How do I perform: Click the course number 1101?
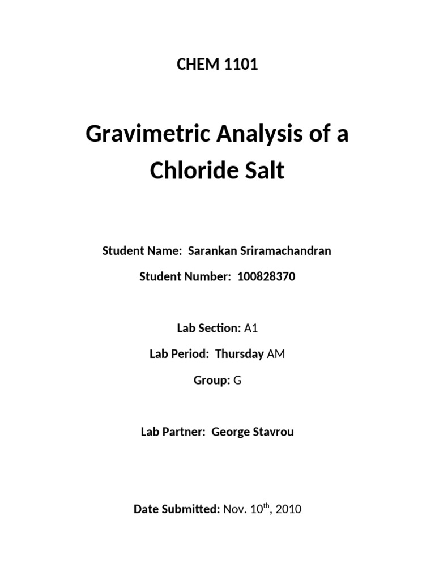click(240, 65)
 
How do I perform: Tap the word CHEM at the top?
click(197, 65)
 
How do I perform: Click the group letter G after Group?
click(237, 381)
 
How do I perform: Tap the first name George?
click(231, 432)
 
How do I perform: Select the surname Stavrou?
click(274, 432)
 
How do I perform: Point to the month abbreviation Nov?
click(235, 509)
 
